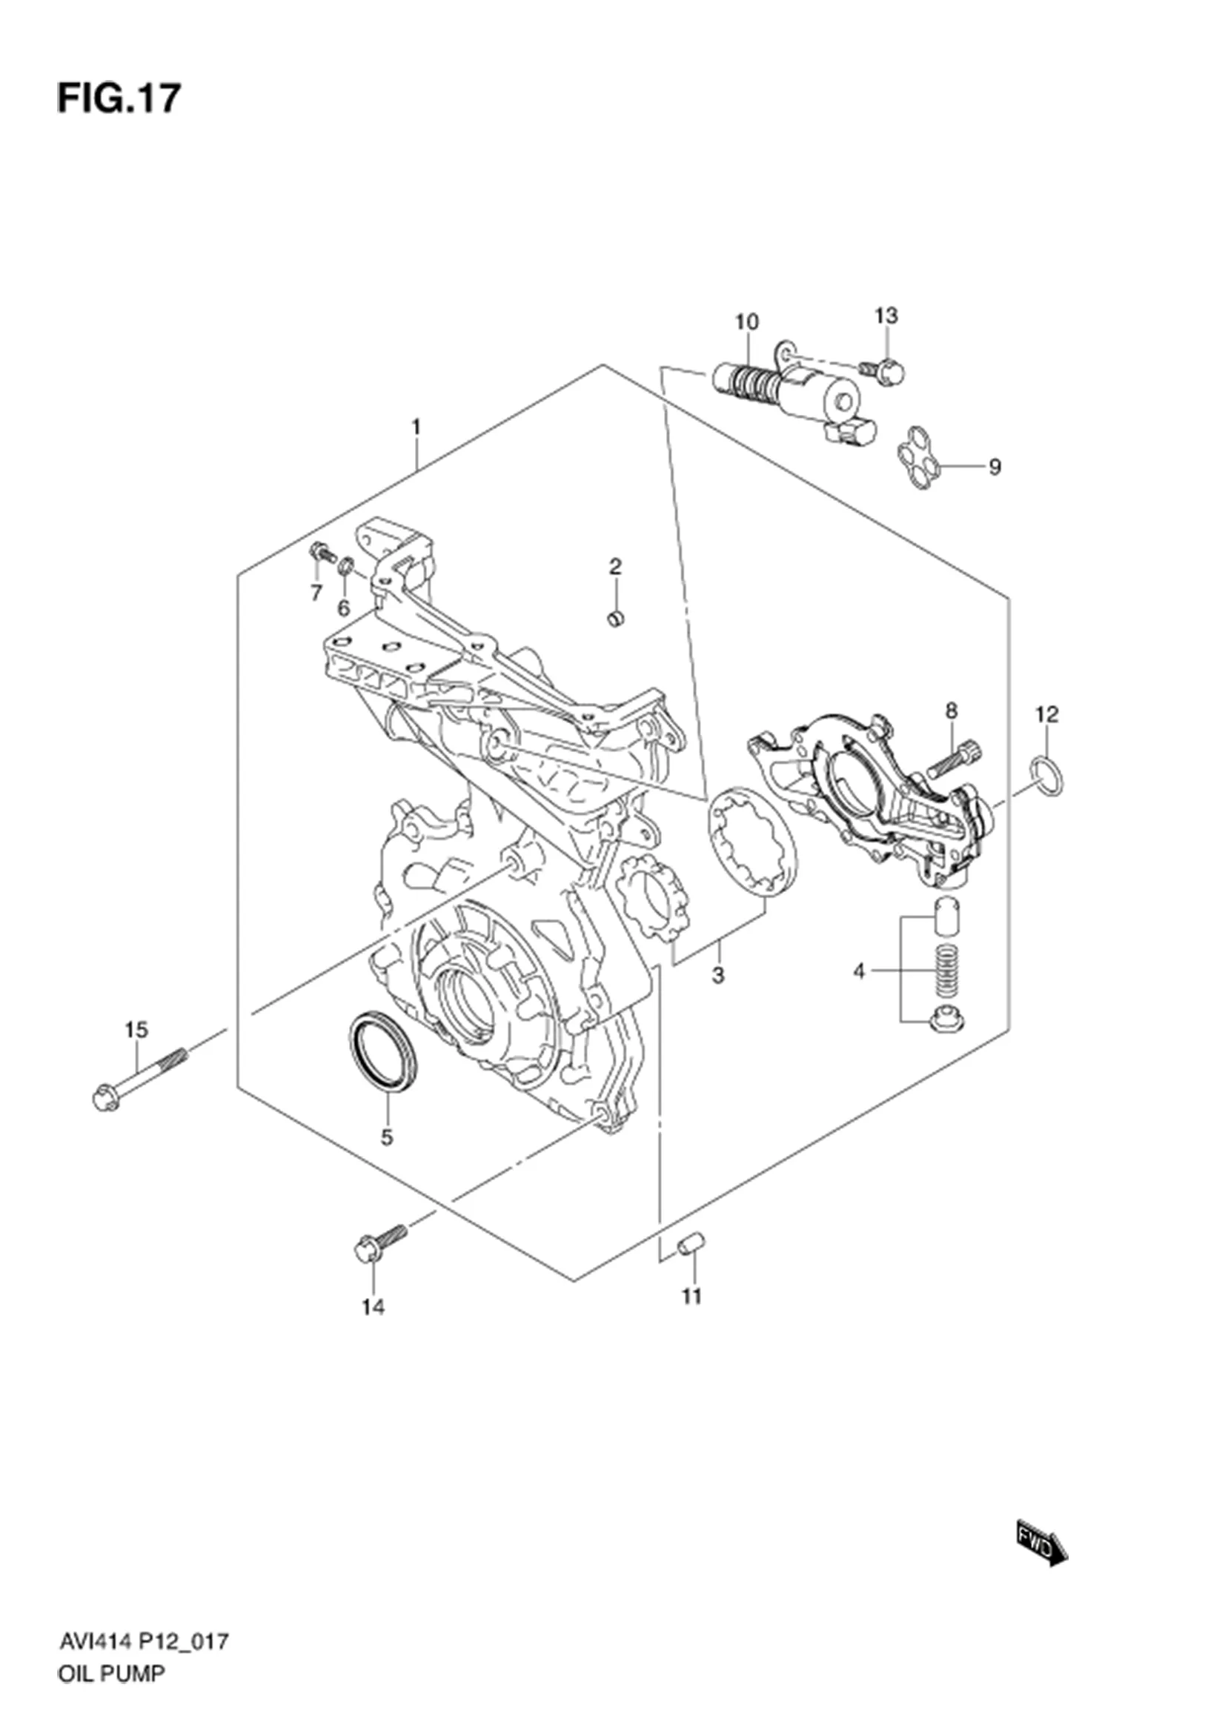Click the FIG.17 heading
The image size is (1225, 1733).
click(x=119, y=99)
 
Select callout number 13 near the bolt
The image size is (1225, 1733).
click(x=887, y=316)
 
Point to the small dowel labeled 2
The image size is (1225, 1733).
click(x=616, y=619)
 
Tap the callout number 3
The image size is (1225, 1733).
click(x=718, y=975)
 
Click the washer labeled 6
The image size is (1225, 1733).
click(x=346, y=566)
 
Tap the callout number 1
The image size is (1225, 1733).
click(x=415, y=429)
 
